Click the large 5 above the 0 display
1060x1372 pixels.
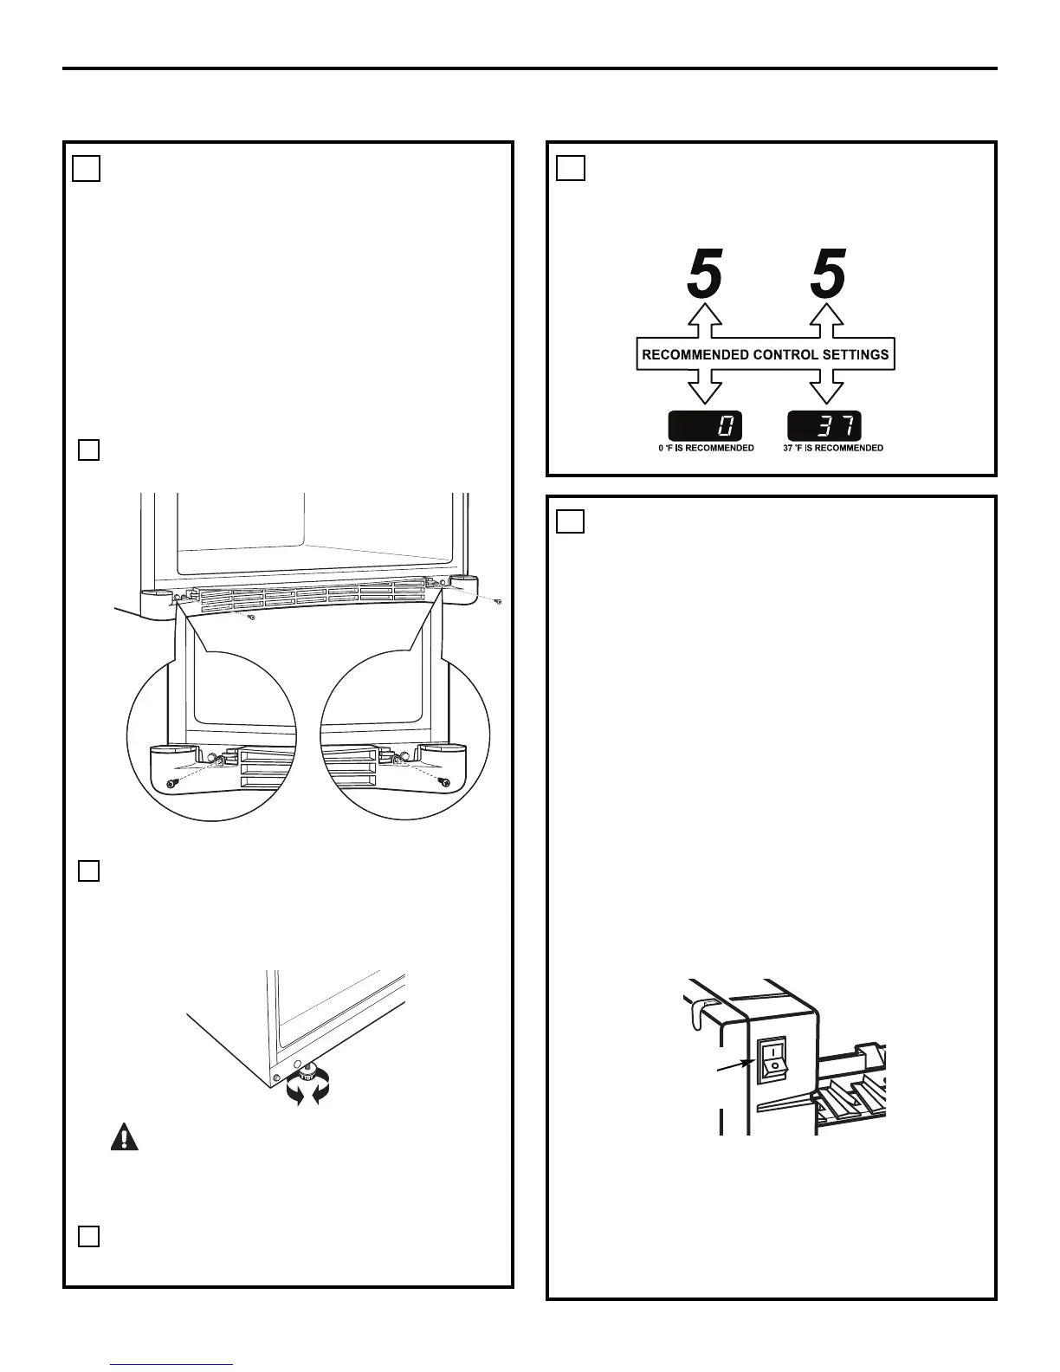[704, 275]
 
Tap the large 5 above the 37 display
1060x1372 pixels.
[827, 275]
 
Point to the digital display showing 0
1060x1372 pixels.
[704, 426]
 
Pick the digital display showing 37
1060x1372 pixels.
[824, 426]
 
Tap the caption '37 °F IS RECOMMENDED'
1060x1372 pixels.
[827, 448]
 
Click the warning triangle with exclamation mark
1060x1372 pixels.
[125, 1136]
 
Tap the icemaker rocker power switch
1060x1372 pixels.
[772, 1060]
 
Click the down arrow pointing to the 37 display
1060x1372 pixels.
[827, 387]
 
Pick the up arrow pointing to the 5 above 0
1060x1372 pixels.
[705, 320]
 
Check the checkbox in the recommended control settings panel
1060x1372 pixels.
[571, 167]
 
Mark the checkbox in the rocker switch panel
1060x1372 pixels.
[571, 521]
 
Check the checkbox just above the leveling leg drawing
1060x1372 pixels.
[89, 871]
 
